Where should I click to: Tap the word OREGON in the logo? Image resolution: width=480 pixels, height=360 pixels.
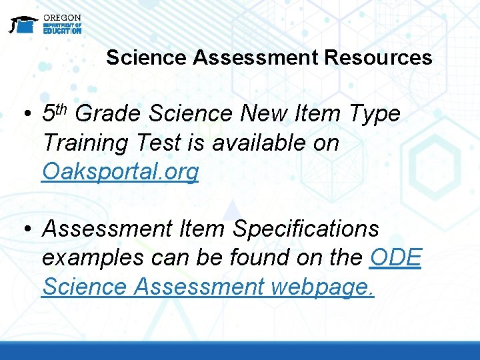[62, 17]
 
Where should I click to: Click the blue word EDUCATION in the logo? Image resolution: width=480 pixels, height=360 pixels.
[62, 31]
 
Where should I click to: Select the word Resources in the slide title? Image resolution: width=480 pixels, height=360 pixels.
[378, 57]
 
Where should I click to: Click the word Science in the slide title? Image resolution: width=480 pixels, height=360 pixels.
[147, 57]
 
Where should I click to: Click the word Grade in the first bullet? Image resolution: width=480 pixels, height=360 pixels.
[109, 114]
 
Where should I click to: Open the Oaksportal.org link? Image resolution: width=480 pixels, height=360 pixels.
[120, 172]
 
